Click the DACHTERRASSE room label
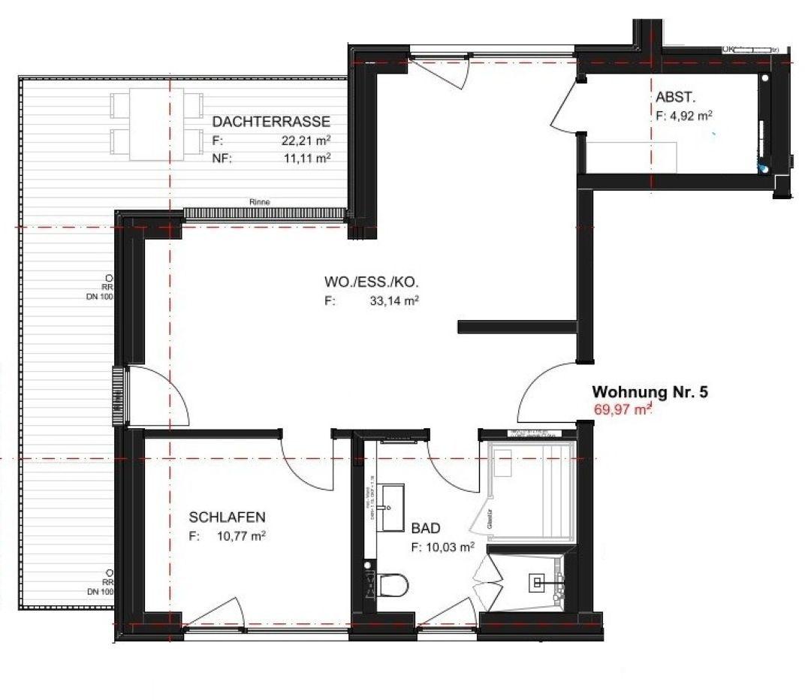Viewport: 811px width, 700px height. [271, 122]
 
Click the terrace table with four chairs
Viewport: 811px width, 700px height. [157, 124]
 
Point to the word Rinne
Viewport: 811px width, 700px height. [260, 202]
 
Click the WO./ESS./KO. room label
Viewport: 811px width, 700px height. [371, 282]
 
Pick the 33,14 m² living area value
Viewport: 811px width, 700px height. [393, 301]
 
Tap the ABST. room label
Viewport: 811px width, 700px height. [674, 98]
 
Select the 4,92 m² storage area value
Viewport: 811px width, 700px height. [691, 116]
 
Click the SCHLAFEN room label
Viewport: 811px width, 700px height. [227, 517]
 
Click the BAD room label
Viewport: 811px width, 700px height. [426, 529]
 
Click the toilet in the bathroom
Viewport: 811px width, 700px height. [392, 584]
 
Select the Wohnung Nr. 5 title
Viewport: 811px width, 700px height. [650, 391]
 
